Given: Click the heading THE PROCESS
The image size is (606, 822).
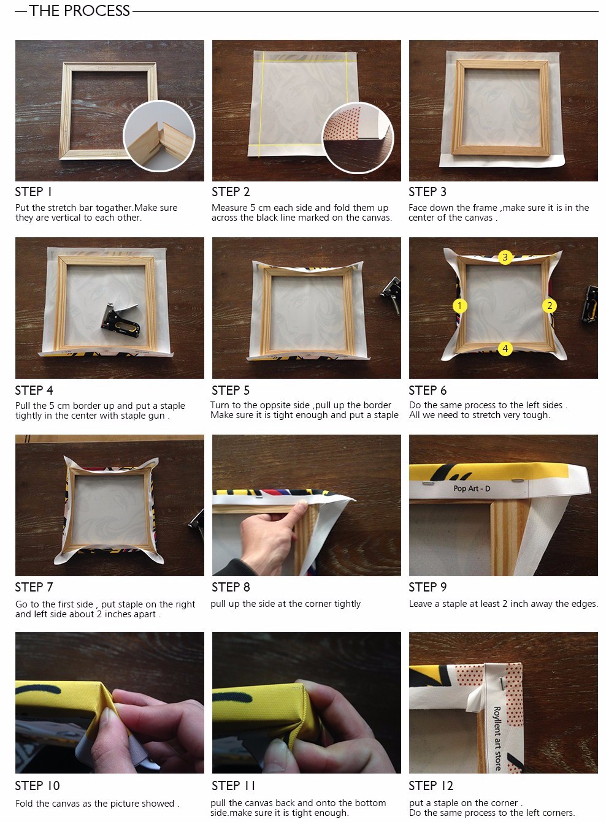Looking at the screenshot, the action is point(79,10).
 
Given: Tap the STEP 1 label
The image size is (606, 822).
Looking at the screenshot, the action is point(33,192).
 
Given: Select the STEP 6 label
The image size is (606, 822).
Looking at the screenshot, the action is point(428,390).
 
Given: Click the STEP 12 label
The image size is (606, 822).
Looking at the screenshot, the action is point(431,785).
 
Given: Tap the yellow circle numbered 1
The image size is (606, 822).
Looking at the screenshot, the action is point(459,305).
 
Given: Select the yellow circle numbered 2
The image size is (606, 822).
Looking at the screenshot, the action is point(550,305).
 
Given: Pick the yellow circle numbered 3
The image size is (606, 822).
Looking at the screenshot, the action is point(505,257).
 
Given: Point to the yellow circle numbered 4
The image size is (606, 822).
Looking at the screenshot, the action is point(505,348).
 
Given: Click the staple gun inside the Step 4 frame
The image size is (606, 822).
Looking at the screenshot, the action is point(120,320).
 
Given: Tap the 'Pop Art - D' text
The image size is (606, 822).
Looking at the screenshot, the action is point(472,489).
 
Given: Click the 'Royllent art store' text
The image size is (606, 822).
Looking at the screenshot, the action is point(497,739).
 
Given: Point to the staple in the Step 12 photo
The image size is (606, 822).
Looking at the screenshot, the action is point(501,683).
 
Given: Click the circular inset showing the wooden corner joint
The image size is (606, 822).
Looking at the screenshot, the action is point(159,136).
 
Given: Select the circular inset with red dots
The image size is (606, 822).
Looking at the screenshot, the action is point(358,137).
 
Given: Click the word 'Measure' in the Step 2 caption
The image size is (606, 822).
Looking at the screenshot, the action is point(229,208).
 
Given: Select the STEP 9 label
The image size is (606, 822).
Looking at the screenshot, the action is point(428,587).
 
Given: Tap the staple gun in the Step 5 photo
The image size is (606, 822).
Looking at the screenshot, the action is point(391,295).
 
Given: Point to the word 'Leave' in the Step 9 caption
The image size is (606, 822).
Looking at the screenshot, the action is point(421,604).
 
